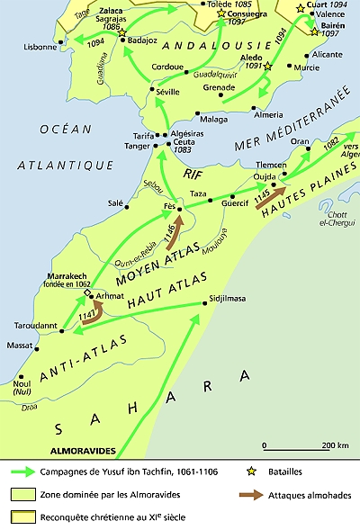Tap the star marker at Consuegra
coord(220,14)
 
